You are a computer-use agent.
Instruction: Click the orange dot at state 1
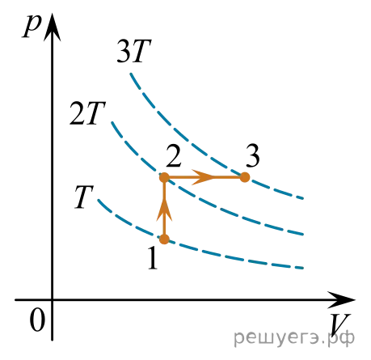point(164,239)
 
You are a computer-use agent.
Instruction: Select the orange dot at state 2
point(164,177)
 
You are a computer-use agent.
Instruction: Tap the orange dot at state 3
point(245,177)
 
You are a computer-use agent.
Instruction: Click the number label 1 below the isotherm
point(153,258)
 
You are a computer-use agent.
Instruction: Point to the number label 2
point(174,156)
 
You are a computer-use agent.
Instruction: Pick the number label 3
point(253,156)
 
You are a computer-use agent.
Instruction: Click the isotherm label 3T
point(134,51)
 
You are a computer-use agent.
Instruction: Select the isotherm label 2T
point(87,113)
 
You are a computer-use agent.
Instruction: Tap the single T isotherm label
point(84,197)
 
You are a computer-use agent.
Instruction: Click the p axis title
point(32,26)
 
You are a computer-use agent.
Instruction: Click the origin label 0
point(37,320)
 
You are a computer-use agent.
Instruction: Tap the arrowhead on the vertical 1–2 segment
point(164,210)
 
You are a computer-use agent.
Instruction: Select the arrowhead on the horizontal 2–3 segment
point(203,177)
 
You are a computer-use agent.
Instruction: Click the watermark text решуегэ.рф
point(294,337)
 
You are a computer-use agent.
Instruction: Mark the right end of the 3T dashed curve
point(303,198)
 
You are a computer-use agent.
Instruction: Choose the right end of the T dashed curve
point(303,268)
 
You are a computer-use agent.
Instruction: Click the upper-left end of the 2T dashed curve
point(112,122)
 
